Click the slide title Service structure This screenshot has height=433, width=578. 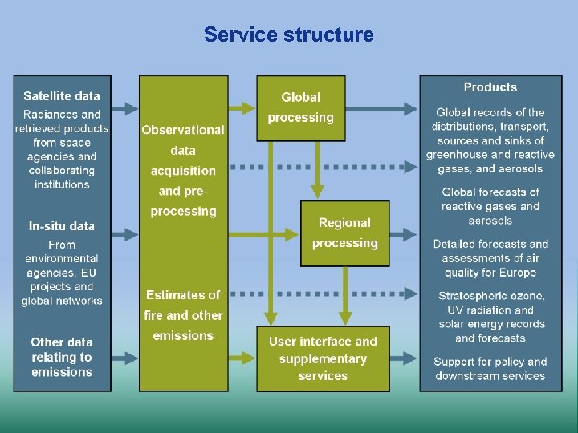pyautogui.click(x=288, y=35)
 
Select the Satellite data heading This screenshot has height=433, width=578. pyautogui.click(x=62, y=96)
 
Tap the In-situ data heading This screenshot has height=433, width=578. pyautogui.click(x=62, y=226)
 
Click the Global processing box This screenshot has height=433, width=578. pyautogui.click(x=300, y=107)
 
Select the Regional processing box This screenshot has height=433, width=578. pyautogui.click(x=344, y=233)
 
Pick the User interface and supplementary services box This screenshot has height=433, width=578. pyautogui.click(x=323, y=358)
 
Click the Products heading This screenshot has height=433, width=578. pyautogui.click(x=490, y=87)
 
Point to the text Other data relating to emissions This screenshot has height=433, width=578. pyautogui.click(x=62, y=357)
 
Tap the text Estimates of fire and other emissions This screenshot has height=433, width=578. pyautogui.click(x=183, y=315)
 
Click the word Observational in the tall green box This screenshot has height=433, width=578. pyautogui.click(x=183, y=129)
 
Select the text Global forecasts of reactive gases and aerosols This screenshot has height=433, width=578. pyautogui.click(x=490, y=206)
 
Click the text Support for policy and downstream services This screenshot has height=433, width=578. pyautogui.click(x=490, y=369)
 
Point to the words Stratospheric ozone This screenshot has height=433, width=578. pyautogui.click(x=491, y=296)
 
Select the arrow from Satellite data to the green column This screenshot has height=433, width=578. pyautogui.click(x=124, y=108)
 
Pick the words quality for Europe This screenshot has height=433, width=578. pyautogui.click(x=490, y=273)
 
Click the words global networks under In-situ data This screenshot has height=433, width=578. pyautogui.click(x=62, y=301)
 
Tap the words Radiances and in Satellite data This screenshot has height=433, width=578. pyautogui.click(x=62, y=115)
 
